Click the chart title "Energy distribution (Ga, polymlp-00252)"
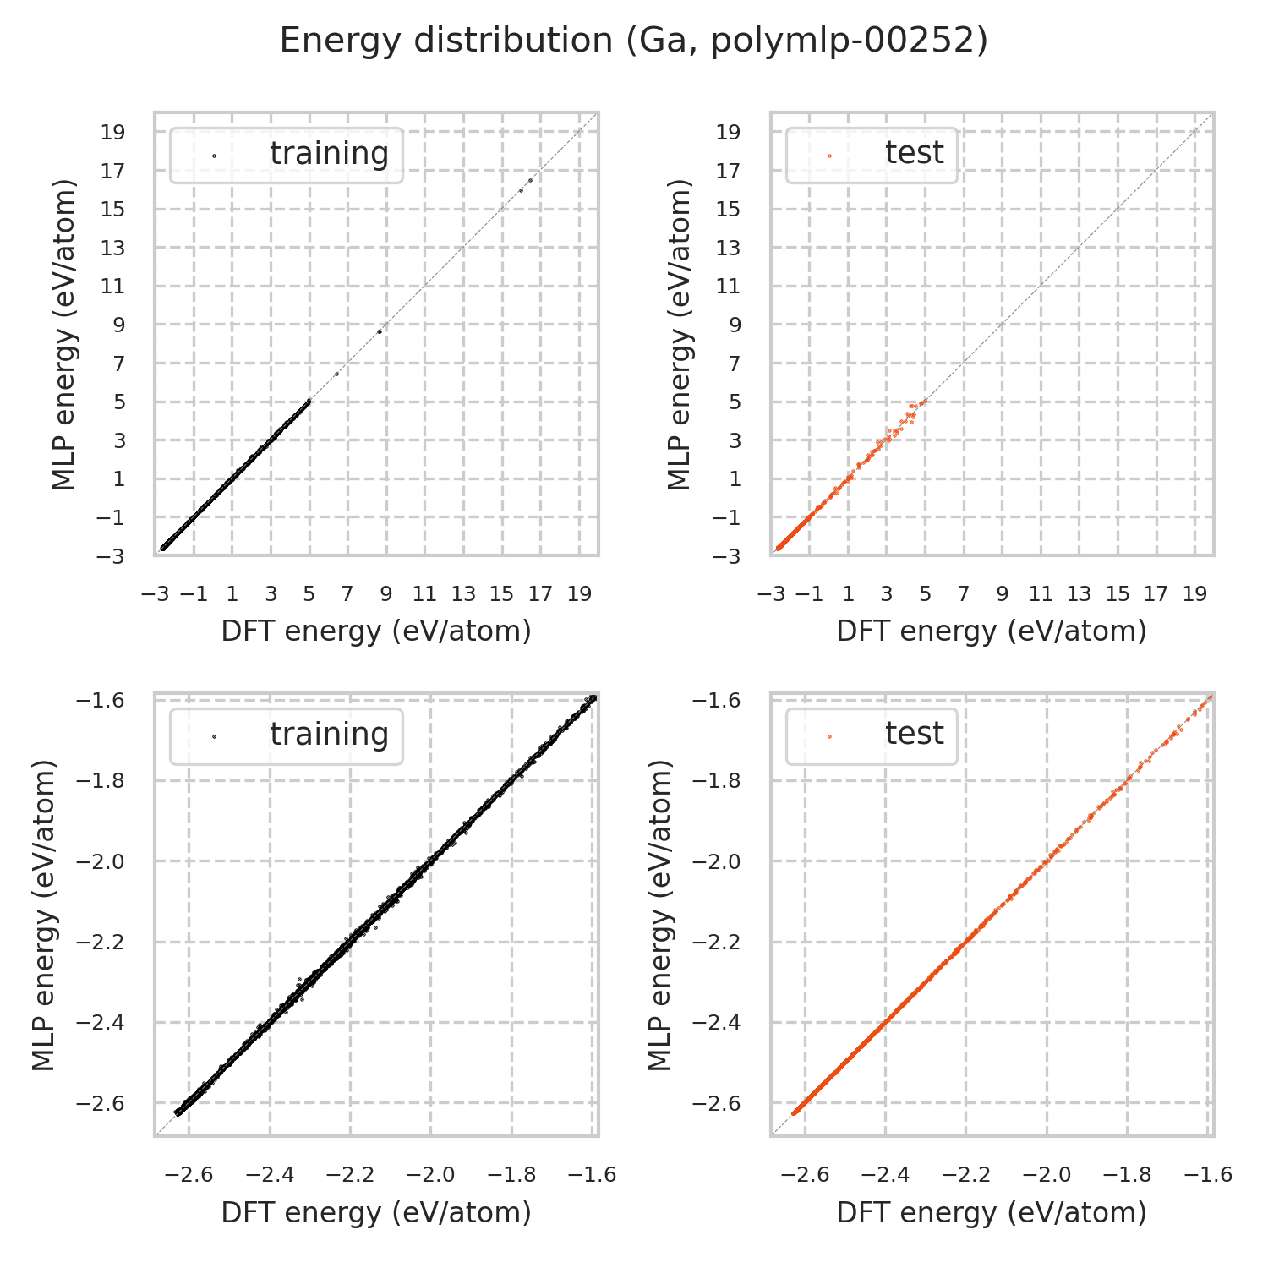[x=633, y=41]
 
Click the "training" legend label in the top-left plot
[x=329, y=154]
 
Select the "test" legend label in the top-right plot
[x=914, y=154]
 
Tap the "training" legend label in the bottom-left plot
[x=329, y=735]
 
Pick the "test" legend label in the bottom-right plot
[x=914, y=735]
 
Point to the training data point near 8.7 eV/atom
[x=380, y=331]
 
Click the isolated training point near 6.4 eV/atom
[x=336, y=374]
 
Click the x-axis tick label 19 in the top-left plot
[x=579, y=594]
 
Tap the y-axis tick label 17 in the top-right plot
[x=729, y=171]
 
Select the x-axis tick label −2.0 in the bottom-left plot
[x=430, y=1175]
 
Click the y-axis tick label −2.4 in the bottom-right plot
[x=716, y=1023]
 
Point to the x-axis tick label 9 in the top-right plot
[x=1002, y=594]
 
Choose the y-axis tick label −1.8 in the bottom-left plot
[x=101, y=780]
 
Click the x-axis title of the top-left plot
[x=376, y=631]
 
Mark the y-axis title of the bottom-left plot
[x=44, y=915]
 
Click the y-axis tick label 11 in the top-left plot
[x=113, y=287]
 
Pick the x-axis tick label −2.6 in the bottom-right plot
[x=805, y=1175]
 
